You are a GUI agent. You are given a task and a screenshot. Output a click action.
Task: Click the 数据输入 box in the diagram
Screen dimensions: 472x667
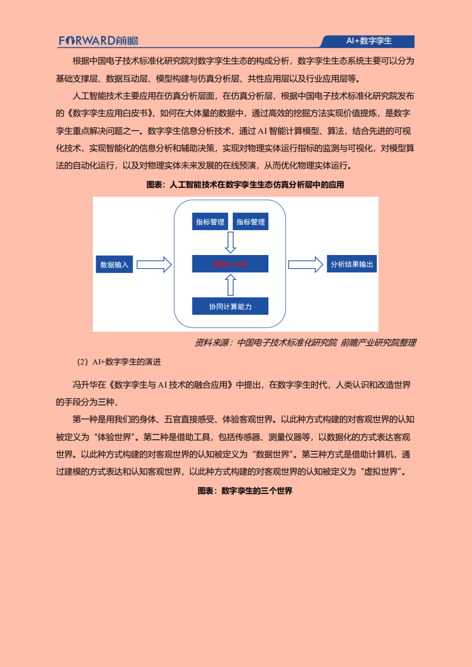pos(114,265)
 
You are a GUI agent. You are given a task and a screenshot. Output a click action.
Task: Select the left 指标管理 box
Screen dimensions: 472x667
pos(210,222)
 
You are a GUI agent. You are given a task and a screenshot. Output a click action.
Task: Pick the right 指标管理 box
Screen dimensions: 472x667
pos(250,222)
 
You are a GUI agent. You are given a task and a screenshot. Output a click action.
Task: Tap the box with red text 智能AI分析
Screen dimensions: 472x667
pos(230,264)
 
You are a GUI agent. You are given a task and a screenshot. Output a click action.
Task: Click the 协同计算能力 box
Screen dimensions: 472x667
pos(230,306)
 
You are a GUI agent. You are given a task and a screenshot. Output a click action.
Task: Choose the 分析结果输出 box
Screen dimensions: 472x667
pos(352,265)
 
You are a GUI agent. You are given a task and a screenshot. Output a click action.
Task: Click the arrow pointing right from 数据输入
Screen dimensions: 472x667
pos(154,265)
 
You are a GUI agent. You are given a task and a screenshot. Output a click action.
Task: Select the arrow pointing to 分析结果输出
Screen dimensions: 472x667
pos(305,265)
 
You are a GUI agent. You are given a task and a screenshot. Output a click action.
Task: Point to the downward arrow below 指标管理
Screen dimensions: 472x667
pos(230,242)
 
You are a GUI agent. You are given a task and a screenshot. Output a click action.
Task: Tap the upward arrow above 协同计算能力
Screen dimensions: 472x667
pos(230,285)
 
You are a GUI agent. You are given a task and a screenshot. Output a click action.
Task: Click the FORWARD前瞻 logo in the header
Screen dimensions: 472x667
pos(98,41)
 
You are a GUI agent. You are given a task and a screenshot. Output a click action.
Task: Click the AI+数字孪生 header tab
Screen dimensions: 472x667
pos(368,41)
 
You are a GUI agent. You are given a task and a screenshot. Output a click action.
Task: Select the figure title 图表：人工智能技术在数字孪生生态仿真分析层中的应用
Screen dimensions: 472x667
pos(245,185)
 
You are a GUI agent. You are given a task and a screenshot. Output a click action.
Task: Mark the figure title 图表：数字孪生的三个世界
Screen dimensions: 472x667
pos(245,491)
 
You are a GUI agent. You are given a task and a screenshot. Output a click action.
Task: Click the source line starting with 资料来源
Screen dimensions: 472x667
pos(305,342)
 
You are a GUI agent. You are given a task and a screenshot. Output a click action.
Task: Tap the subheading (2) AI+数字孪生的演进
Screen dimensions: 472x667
pos(120,361)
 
